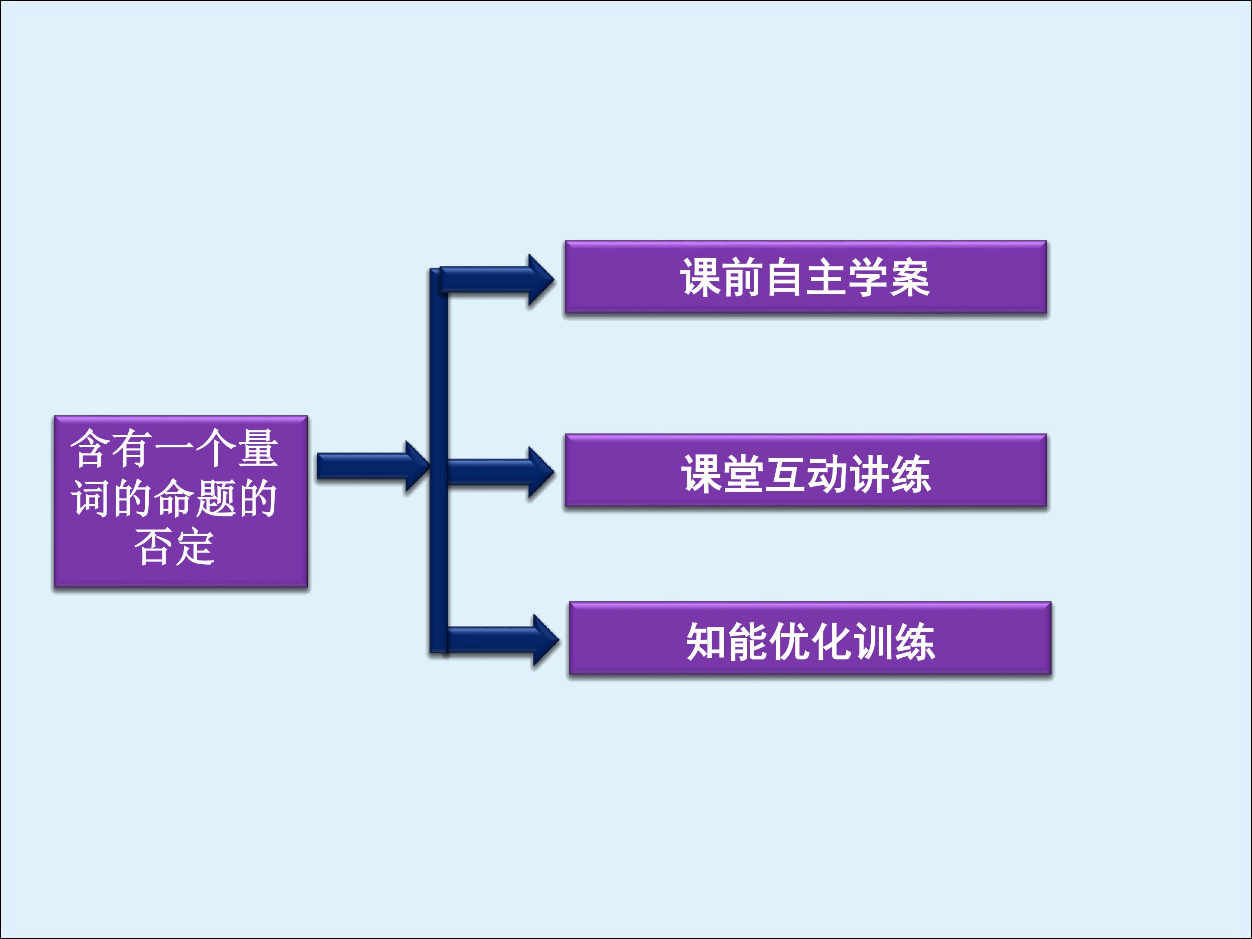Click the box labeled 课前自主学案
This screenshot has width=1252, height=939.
pyautogui.click(x=806, y=277)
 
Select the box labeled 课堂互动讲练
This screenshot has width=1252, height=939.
pyautogui.click(x=806, y=470)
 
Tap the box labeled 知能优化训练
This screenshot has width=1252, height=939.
pyautogui.click(x=810, y=639)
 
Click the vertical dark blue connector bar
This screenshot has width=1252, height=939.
pyautogui.click(x=439, y=396)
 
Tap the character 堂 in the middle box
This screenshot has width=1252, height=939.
pyautogui.click(x=743, y=474)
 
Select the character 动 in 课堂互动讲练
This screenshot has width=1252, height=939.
pyautogui.click(x=826, y=474)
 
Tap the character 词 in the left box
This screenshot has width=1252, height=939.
pyautogui.click(x=90, y=498)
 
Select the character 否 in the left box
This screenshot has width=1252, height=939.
pyautogui.click(x=153, y=547)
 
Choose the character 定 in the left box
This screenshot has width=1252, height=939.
pyautogui.click(x=195, y=547)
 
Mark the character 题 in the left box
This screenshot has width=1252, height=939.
pyautogui.click(x=216, y=498)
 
